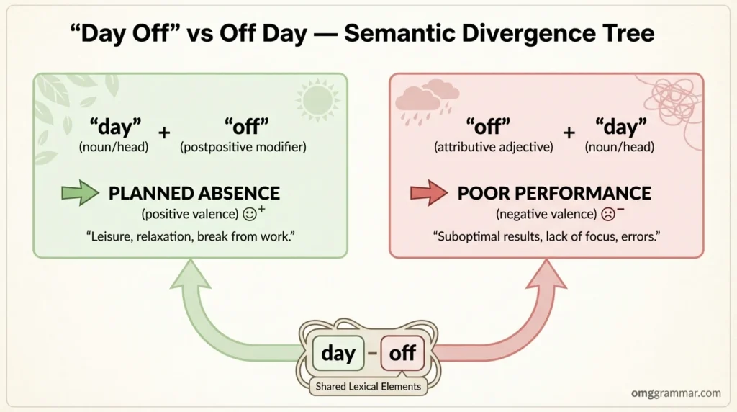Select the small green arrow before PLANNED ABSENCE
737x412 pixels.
point(79,193)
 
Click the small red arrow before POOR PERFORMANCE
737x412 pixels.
point(428,193)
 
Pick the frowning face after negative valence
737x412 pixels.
point(608,214)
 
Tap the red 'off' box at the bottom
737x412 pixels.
point(402,354)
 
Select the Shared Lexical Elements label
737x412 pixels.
point(368,386)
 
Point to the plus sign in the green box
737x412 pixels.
point(164,133)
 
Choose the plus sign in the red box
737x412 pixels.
point(570,133)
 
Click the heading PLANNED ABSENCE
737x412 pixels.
point(194,193)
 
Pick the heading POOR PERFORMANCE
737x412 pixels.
point(554,193)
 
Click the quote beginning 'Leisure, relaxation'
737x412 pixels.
point(190,236)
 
